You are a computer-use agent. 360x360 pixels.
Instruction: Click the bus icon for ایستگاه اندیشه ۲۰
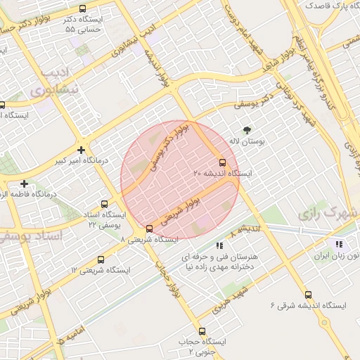coord(223,162)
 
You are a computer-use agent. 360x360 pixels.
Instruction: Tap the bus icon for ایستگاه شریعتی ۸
coord(149,229)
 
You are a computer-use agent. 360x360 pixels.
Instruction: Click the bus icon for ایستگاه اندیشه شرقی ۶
coord(308,295)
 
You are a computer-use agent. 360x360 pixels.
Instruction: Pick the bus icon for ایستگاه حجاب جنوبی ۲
coord(202,331)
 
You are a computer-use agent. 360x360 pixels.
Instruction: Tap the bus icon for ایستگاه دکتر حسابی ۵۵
coord(83,9)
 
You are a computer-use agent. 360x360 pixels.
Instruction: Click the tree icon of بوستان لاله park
coord(247,130)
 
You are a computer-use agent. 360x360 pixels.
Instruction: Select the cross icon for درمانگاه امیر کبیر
coord(82,150)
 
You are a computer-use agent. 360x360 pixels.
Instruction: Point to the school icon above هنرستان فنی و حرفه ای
coord(219,246)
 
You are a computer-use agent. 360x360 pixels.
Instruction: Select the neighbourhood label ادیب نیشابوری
coord(51,83)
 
